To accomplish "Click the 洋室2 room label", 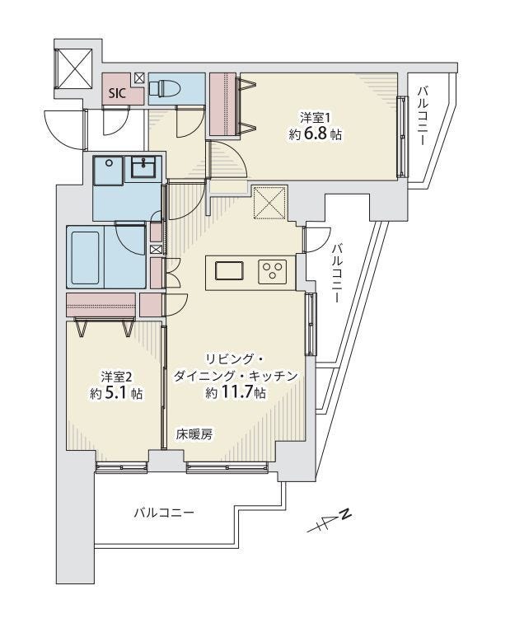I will (115, 377).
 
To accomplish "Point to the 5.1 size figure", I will (117, 393).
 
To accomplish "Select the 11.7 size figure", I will (235, 393).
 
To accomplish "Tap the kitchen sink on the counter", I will (230, 271).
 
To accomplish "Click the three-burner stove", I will (272, 271).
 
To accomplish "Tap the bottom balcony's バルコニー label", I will (165, 513).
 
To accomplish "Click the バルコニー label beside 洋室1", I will (420, 116).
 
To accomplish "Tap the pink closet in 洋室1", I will (222, 104).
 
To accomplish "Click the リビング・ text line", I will (235, 359).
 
